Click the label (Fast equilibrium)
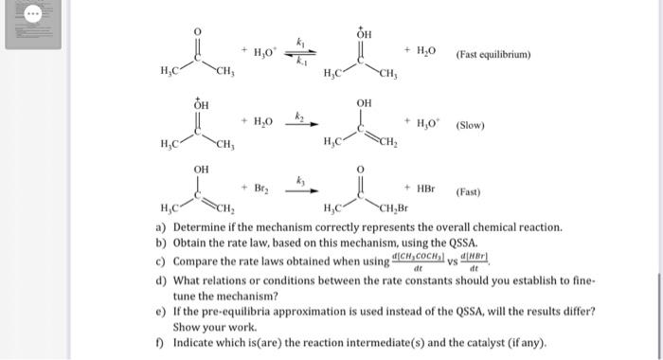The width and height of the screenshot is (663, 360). tap(493, 54)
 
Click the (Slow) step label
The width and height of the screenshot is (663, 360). tap(472, 125)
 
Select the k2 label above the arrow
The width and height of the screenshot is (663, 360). tap(298, 114)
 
